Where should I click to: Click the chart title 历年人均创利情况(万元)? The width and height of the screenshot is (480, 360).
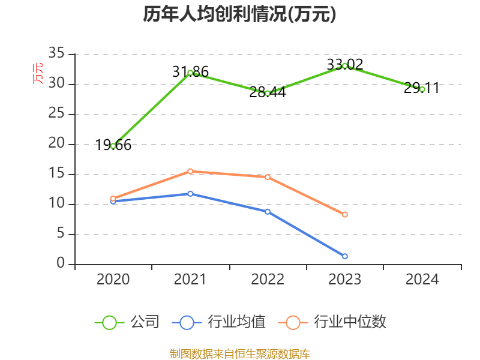[x=239, y=14]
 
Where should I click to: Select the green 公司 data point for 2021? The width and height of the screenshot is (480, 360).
[x=190, y=73]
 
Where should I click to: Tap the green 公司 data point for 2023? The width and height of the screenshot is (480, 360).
[x=345, y=65]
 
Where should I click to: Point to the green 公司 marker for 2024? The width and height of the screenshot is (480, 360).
[x=422, y=89]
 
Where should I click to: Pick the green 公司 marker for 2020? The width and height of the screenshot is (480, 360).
[x=113, y=146]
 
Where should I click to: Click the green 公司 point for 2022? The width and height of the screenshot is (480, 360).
[x=268, y=93]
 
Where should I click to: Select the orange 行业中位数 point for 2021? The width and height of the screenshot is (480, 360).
[x=190, y=171]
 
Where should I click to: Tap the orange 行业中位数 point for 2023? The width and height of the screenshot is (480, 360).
[x=345, y=214]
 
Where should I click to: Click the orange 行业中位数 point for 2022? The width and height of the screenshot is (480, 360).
[x=268, y=177]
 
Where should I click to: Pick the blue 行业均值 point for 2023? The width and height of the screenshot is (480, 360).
[x=345, y=256]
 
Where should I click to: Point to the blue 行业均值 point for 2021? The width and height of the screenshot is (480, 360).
[x=190, y=193]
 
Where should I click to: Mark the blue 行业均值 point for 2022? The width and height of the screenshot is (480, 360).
[x=268, y=211]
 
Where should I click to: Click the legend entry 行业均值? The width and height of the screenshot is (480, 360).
[x=219, y=322]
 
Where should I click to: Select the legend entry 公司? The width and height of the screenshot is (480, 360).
[x=128, y=322]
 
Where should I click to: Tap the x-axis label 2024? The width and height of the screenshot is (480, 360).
[x=422, y=279]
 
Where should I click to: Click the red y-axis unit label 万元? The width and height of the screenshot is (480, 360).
[x=38, y=73]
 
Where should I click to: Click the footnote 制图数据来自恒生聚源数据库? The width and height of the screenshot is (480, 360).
[x=239, y=353]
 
